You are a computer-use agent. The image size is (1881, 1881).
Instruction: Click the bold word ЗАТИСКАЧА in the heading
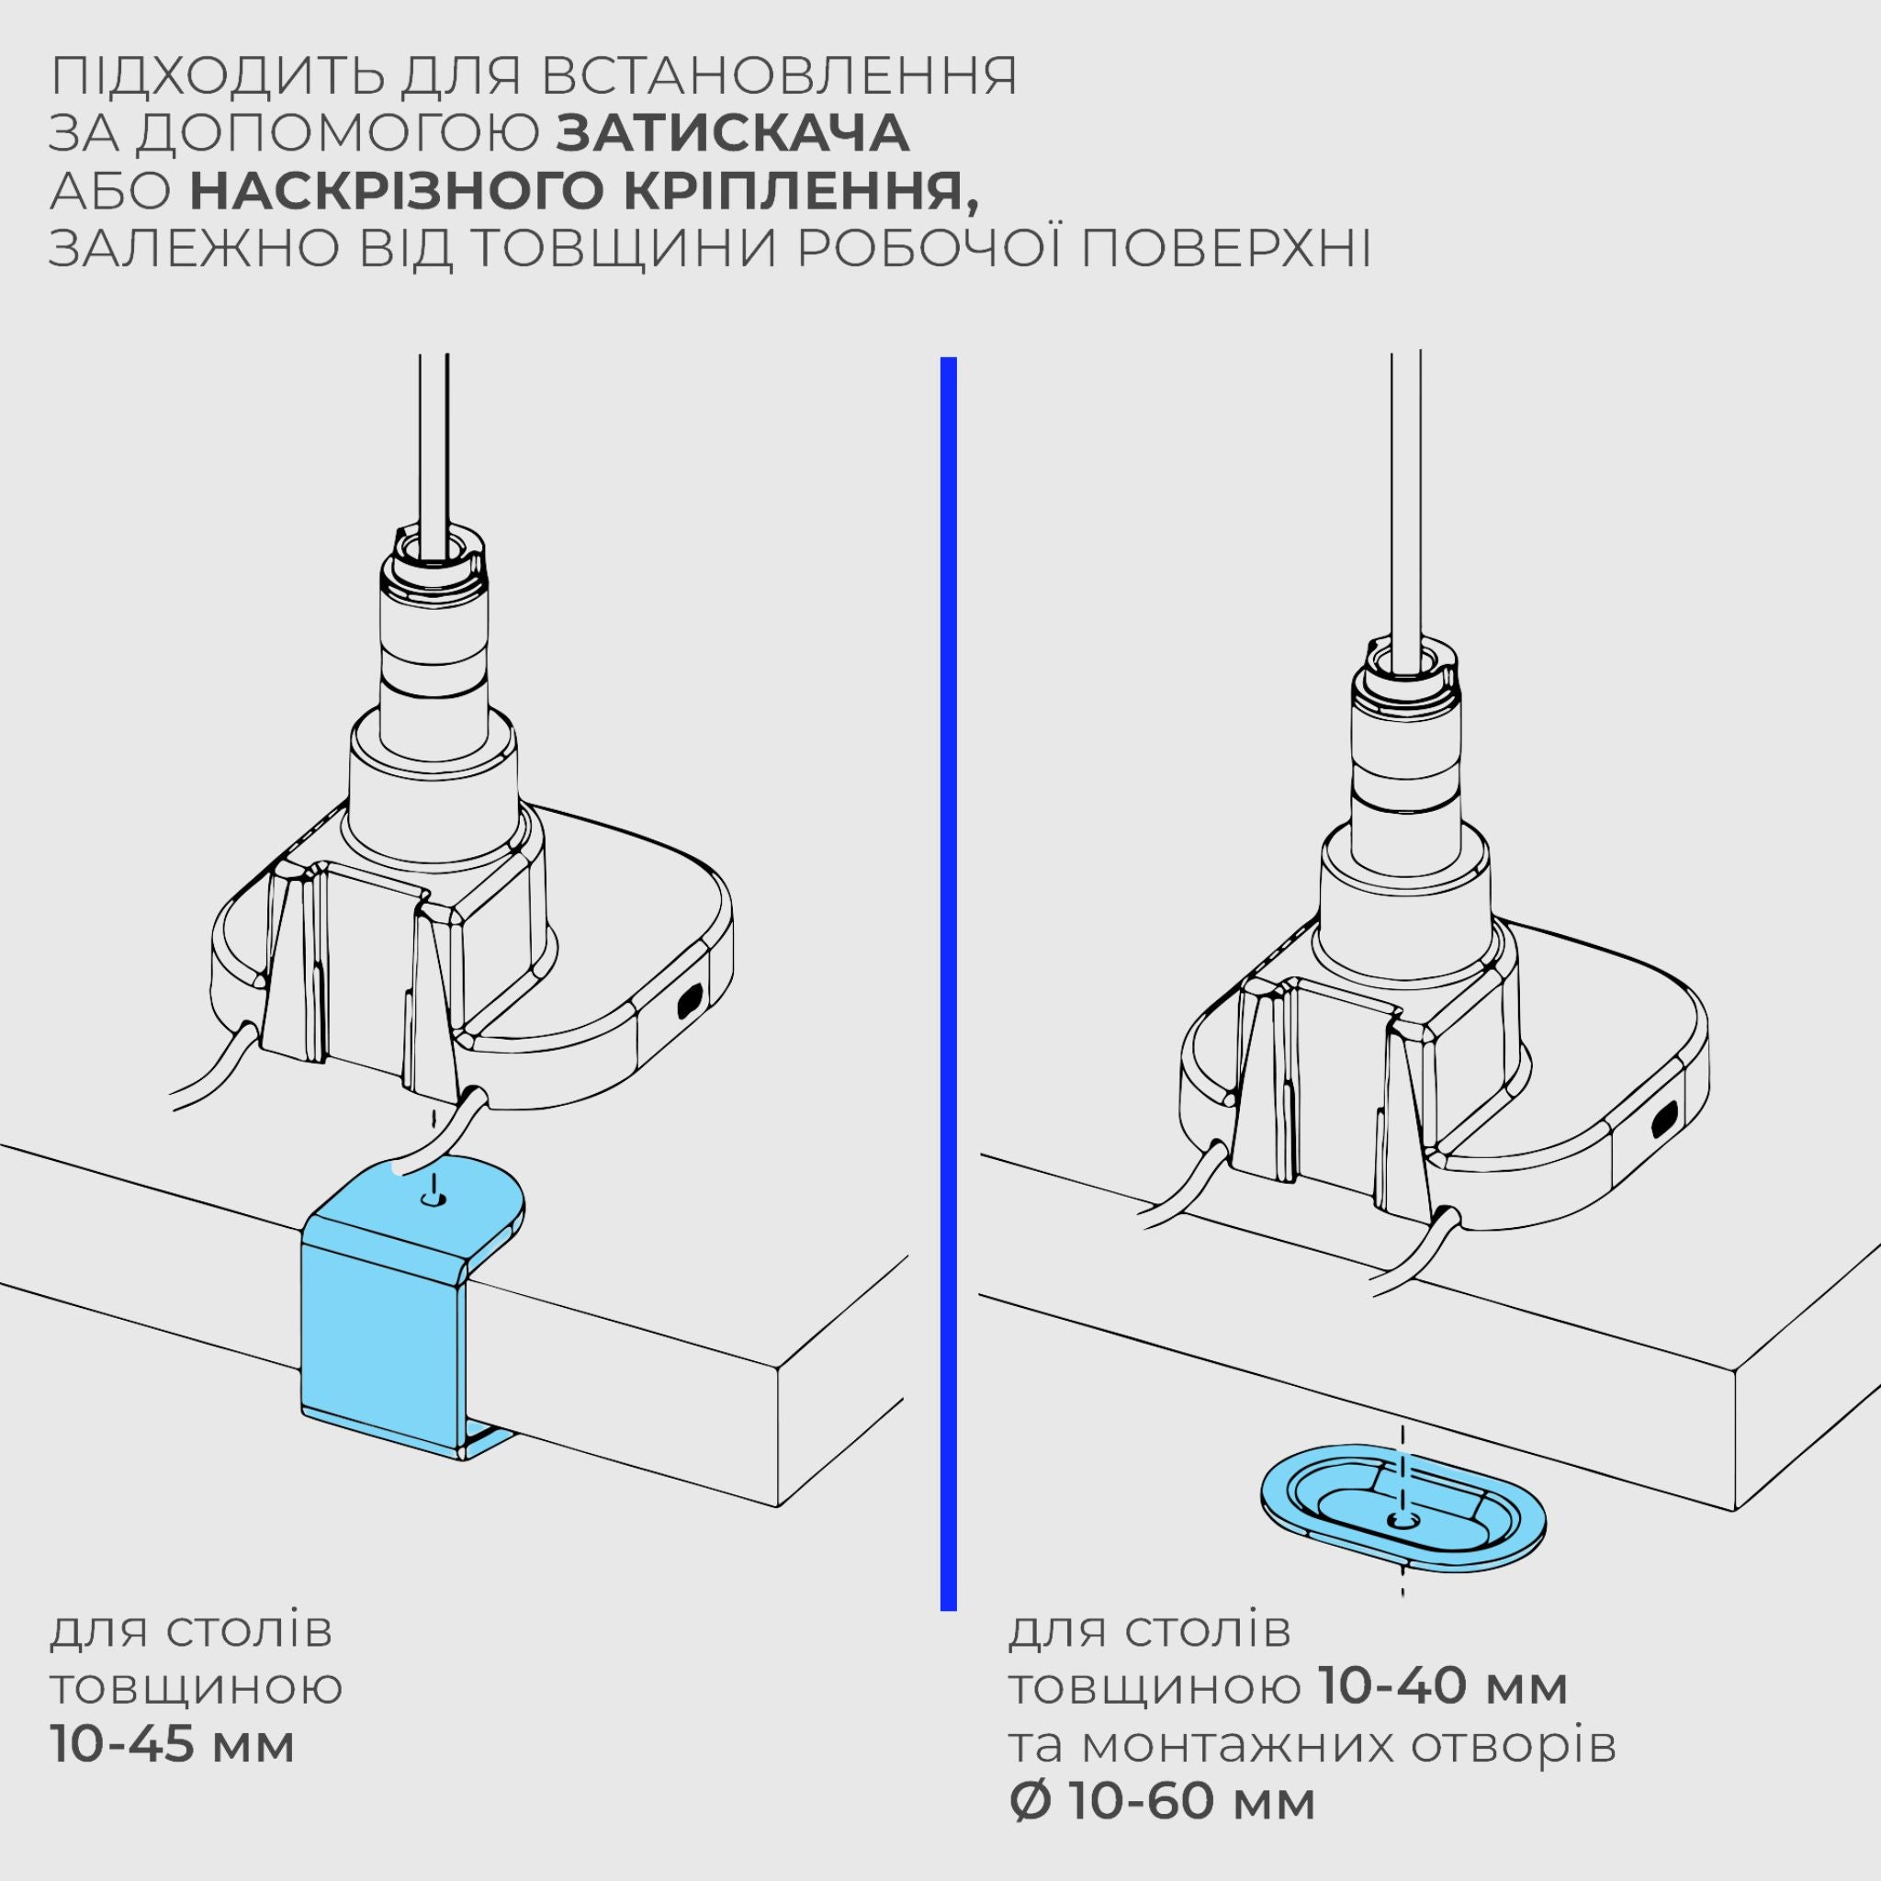[732, 133]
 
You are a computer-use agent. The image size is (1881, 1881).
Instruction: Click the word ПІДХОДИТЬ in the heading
[204, 76]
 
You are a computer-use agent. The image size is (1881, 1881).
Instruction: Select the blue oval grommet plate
[1402, 1519]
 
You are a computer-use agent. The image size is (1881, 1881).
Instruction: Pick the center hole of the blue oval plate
[1402, 1520]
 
